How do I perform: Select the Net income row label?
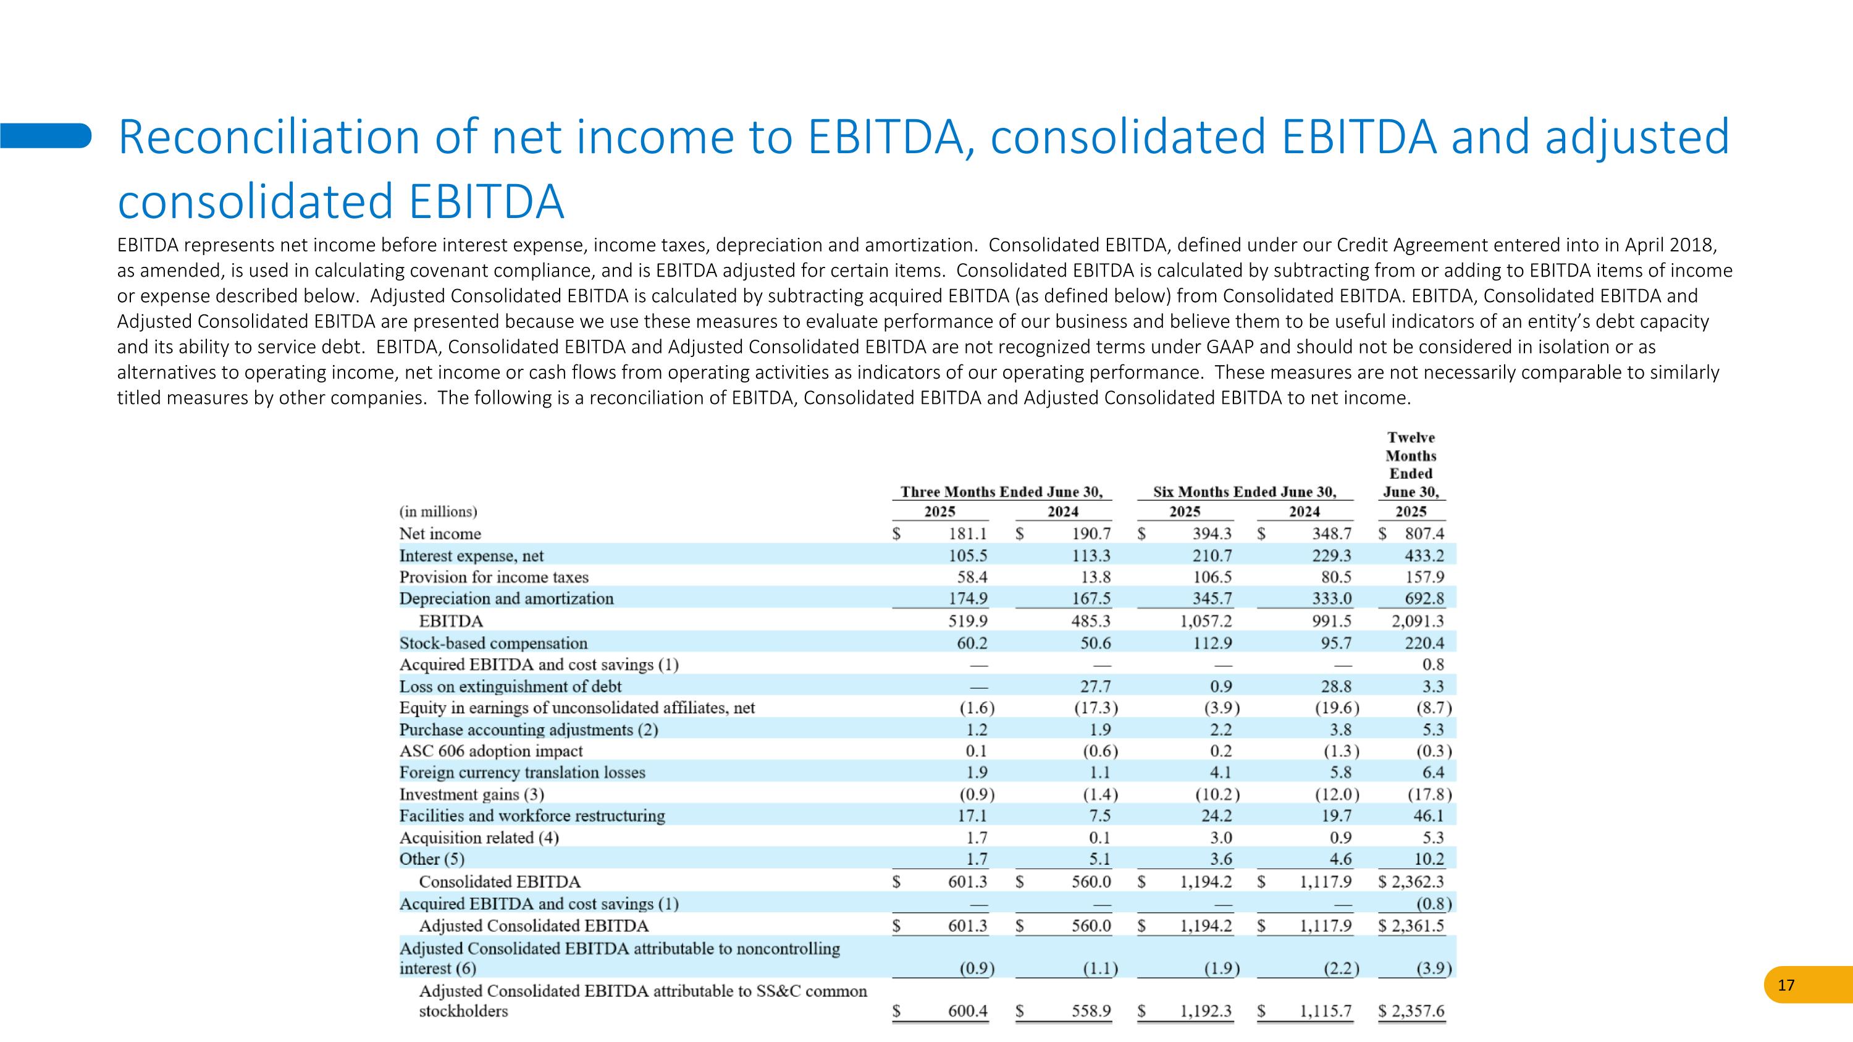(440, 534)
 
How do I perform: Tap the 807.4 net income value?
(1424, 534)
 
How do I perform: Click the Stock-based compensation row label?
(494, 643)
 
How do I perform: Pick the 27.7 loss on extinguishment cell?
(1096, 686)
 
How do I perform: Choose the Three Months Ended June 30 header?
(1001, 492)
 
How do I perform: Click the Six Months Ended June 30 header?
(1245, 492)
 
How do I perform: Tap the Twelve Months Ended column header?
(1411, 464)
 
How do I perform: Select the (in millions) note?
(438, 511)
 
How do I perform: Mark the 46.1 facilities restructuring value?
(1428, 815)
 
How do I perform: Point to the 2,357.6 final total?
(1417, 1010)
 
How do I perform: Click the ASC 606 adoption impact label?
(491, 750)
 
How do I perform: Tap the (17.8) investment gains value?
(1429, 794)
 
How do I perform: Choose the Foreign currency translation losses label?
(522, 772)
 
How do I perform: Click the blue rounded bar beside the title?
(45, 135)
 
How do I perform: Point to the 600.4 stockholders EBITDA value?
(967, 1010)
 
